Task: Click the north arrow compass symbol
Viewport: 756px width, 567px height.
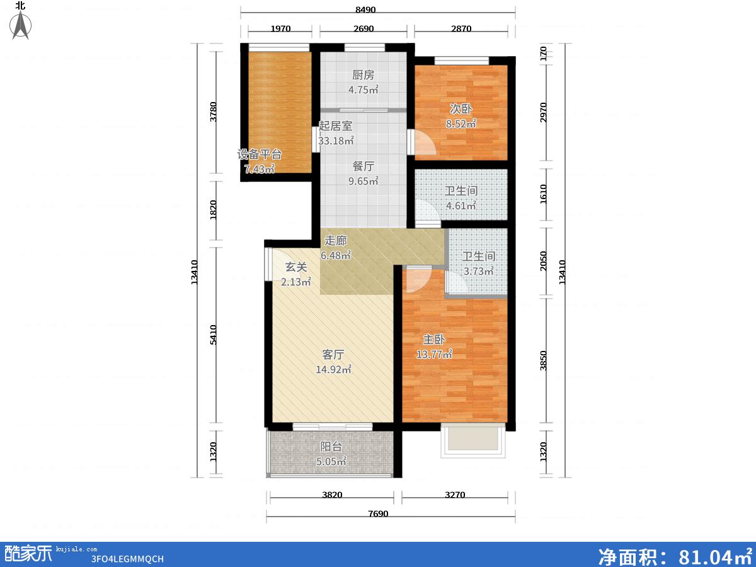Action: click(x=21, y=25)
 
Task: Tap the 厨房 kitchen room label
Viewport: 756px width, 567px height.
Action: click(x=363, y=75)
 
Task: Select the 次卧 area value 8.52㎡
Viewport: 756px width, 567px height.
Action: click(x=461, y=123)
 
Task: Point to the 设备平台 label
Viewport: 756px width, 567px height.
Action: click(x=260, y=154)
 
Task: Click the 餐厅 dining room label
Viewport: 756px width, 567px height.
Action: click(x=363, y=166)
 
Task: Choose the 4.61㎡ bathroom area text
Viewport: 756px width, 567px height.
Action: click(x=461, y=205)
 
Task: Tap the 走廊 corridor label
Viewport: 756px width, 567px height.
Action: click(x=335, y=240)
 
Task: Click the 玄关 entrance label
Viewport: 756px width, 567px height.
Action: click(x=296, y=266)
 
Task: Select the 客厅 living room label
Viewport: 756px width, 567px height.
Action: click(x=333, y=354)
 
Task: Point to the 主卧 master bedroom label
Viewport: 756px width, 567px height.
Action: click(x=434, y=340)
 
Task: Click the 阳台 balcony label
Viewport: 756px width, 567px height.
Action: click(x=331, y=447)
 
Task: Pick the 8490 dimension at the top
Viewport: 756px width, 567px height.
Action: click(x=365, y=9)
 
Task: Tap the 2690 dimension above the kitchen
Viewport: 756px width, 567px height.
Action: click(x=364, y=28)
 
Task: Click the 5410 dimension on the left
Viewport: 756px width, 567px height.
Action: click(x=214, y=335)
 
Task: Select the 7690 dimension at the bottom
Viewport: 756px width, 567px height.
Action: click(x=378, y=513)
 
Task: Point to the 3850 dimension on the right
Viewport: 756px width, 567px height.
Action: click(x=543, y=360)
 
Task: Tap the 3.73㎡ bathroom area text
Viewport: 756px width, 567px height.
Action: click(x=478, y=271)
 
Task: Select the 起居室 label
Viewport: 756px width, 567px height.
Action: click(x=335, y=125)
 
